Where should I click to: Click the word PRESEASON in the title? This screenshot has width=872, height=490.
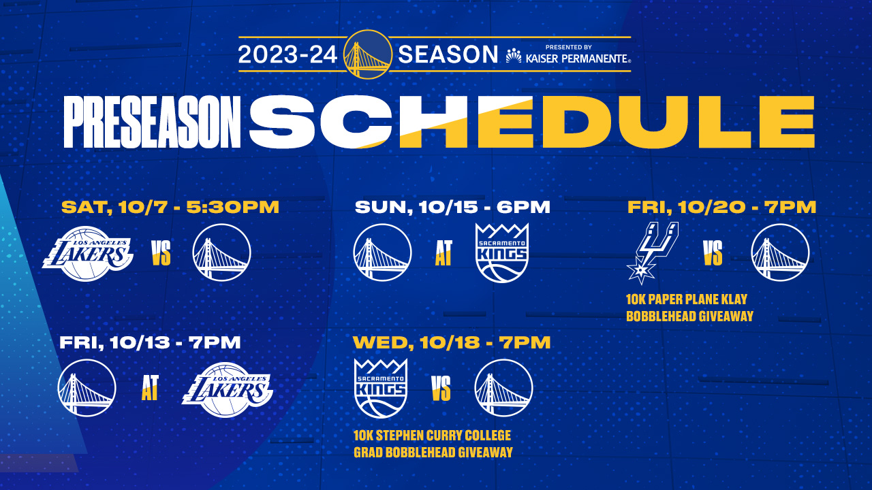point(152,122)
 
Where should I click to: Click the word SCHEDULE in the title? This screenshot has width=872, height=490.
point(531,122)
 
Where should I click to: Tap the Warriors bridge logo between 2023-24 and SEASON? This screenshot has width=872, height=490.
point(368,54)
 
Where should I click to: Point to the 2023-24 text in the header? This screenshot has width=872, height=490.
point(287,54)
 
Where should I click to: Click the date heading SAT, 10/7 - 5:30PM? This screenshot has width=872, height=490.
point(170,208)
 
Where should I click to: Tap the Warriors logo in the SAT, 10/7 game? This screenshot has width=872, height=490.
point(222,253)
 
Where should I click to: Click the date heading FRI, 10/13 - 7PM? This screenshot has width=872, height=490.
point(150,343)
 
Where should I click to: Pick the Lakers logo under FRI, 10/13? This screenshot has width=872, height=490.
point(227,389)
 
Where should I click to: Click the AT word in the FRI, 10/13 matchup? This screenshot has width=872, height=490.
point(150,389)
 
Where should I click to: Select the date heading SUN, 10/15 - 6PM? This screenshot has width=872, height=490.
point(452,208)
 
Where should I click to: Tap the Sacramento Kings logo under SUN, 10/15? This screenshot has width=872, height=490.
point(501,252)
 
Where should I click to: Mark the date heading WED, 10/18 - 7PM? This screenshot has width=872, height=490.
point(452,343)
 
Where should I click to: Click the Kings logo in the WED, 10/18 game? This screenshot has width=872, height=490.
point(380,388)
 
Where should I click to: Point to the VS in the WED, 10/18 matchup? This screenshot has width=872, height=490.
point(441,389)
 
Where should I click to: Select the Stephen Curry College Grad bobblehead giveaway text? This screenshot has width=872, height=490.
point(433,444)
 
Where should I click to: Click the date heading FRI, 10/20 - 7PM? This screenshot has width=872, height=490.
point(722,208)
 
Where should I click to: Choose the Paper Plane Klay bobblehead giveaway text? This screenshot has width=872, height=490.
point(689,308)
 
